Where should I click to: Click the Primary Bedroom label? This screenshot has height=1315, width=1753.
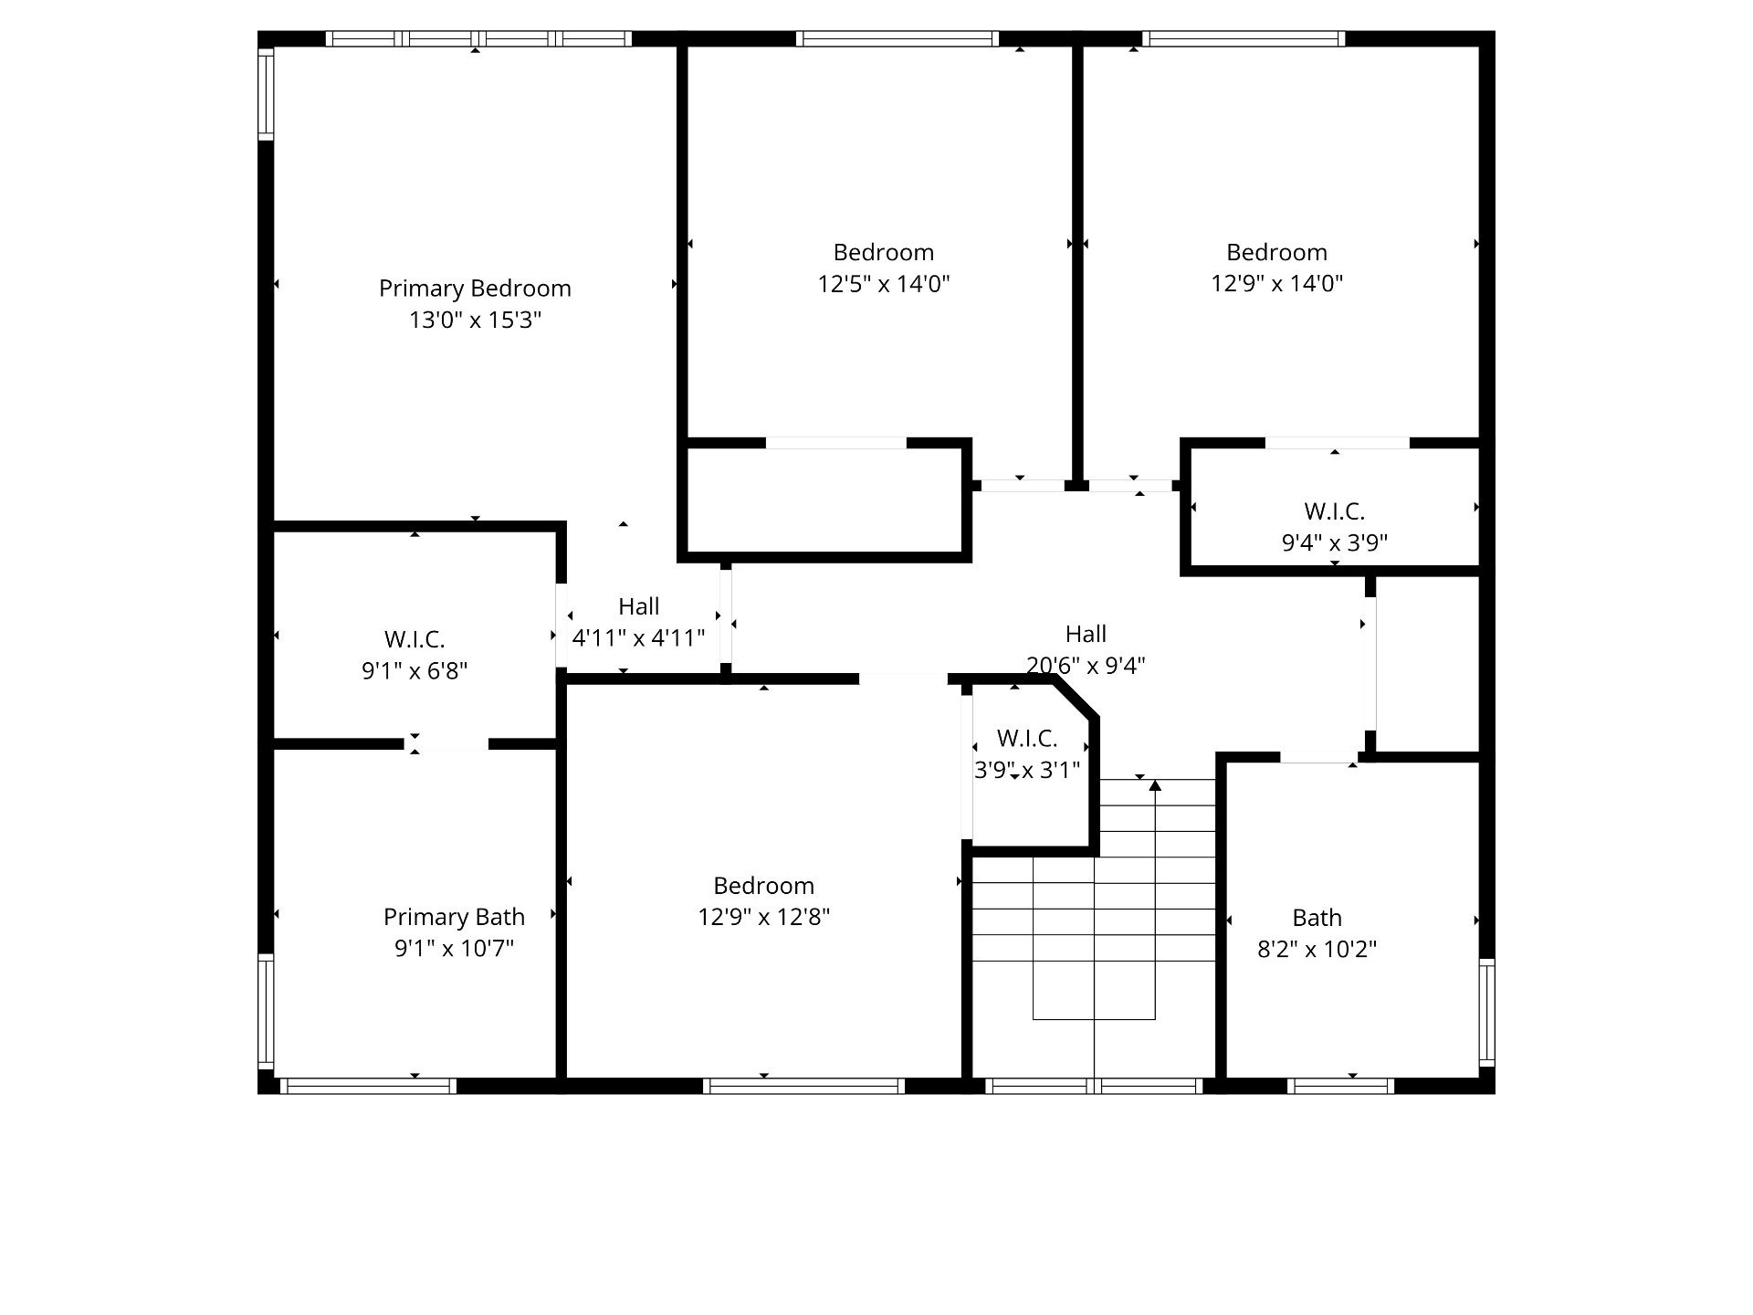[x=475, y=289]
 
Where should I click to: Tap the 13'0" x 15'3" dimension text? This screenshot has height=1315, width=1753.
[x=475, y=320]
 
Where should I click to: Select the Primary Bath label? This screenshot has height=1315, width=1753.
[x=454, y=917]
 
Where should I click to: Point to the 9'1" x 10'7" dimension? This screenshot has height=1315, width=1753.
[x=454, y=949]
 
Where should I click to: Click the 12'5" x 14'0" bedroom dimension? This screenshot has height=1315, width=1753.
[x=883, y=284]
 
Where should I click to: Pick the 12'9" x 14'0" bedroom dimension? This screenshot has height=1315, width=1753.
[x=1276, y=284]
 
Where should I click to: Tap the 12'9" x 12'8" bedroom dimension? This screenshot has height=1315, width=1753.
[x=763, y=917]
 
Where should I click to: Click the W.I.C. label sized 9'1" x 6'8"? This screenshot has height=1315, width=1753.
[x=415, y=639]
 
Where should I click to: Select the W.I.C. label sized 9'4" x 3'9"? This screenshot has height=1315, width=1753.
[x=1334, y=511]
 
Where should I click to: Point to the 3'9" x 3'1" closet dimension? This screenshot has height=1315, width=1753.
[x=1027, y=770]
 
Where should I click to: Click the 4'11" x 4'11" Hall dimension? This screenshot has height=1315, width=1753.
[x=638, y=637]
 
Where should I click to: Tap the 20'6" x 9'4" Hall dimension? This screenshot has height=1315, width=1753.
[x=1086, y=666]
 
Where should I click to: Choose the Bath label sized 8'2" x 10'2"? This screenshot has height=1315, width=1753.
[x=1317, y=918]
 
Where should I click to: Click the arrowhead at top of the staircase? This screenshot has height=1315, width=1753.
[x=1155, y=785]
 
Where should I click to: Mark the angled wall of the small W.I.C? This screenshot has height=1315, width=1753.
[x=1077, y=699]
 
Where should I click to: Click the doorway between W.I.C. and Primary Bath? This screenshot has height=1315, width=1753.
[x=446, y=744]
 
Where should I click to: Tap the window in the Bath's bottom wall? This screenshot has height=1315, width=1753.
[x=1341, y=1086]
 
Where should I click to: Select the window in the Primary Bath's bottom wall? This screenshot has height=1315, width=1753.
[x=368, y=1086]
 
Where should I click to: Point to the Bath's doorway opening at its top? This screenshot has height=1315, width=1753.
[x=1318, y=757]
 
